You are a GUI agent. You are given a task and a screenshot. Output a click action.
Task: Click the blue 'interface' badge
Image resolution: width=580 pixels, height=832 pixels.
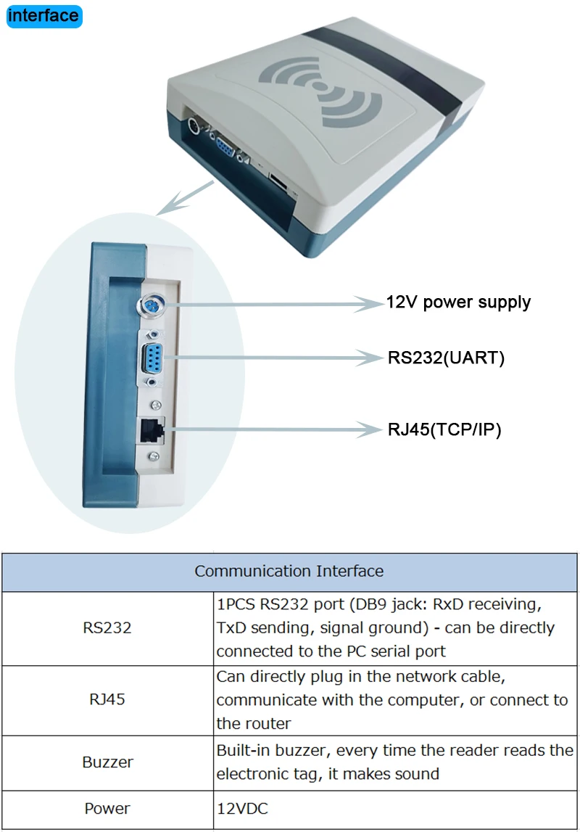(x=43, y=15)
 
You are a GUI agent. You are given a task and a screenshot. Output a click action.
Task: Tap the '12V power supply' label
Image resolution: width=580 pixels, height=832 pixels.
(x=458, y=302)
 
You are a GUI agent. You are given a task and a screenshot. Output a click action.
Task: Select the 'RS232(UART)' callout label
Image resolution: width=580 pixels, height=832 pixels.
(x=446, y=358)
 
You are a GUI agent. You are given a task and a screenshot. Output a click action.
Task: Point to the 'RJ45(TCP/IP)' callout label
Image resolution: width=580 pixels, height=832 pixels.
(x=444, y=429)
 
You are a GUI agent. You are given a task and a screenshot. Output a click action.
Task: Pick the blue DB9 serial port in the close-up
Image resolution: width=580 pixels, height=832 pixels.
(x=154, y=358)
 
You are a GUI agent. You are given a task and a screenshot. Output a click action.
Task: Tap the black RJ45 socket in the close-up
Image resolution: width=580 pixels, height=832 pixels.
(x=152, y=430)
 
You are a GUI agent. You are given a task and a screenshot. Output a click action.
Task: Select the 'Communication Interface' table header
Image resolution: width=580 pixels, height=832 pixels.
(x=289, y=571)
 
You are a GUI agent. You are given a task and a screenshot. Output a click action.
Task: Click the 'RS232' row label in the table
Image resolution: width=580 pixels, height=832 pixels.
(x=107, y=627)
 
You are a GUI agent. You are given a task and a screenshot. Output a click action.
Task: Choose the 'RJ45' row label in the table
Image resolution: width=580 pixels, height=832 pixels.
(x=107, y=700)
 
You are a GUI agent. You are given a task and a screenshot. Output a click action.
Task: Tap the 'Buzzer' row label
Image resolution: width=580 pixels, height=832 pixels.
(x=107, y=762)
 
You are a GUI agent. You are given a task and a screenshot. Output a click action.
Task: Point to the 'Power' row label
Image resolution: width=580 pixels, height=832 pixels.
(x=107, y=808)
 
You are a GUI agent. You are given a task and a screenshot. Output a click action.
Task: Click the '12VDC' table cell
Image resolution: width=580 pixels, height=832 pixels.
(x=242, y=808)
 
